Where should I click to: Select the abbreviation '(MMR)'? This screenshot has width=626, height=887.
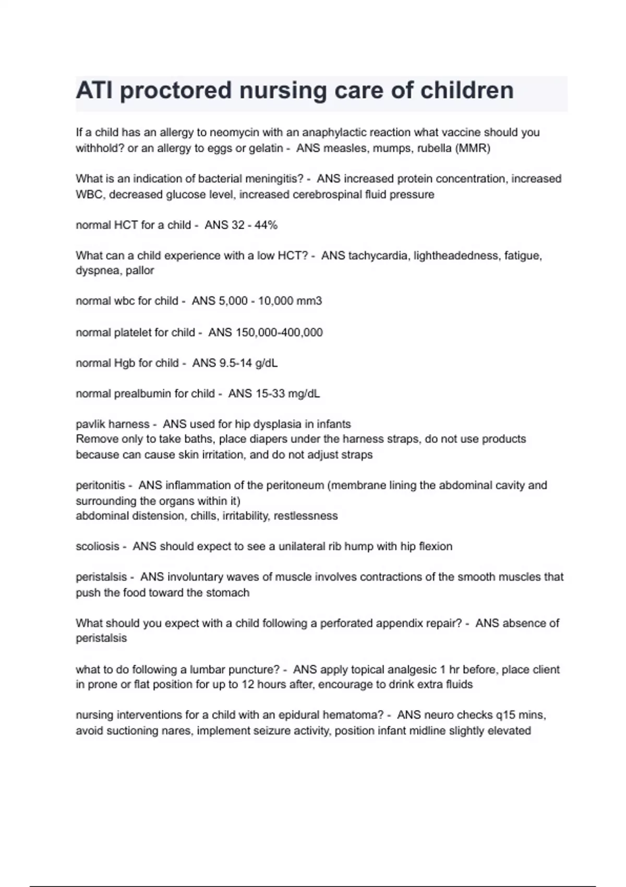473,148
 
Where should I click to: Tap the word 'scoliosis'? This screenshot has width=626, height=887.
98,546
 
